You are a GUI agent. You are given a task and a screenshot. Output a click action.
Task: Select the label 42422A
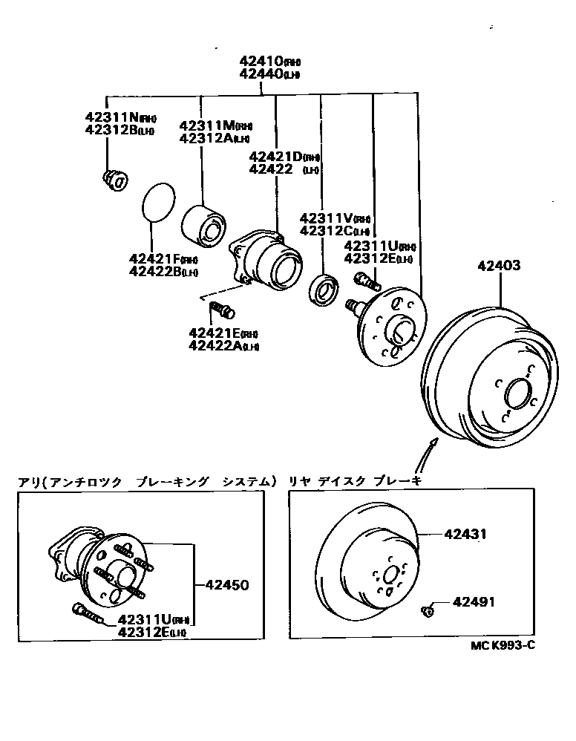tap(217, 345)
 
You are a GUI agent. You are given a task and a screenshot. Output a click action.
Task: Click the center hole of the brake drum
tap(517, 393)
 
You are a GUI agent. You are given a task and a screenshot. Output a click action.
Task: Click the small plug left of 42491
tap(428, 610)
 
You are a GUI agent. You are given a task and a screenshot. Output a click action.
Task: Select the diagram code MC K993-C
tap(503, 644)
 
